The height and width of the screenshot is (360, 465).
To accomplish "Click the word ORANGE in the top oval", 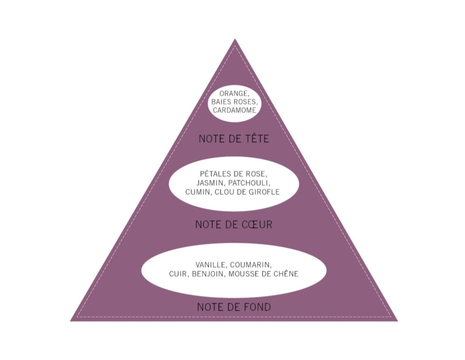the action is pos(232,94).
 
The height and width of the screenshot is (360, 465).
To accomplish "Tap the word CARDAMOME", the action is pos(234,110).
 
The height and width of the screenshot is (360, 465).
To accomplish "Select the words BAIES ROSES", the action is pos(234,102).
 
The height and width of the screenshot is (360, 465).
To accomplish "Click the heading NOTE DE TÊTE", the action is pos(234,139).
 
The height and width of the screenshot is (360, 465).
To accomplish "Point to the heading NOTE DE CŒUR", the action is pos(234,224).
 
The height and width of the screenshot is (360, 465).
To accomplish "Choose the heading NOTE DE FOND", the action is pos(234,307).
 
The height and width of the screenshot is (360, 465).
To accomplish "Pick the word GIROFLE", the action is pos(265,192).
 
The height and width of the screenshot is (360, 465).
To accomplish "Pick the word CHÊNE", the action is pos(286,273).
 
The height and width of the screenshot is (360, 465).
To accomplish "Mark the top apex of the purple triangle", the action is pos(235,39).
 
